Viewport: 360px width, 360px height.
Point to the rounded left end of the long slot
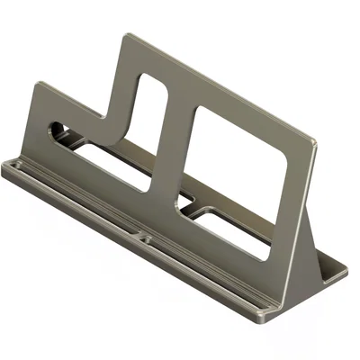pos(56,130)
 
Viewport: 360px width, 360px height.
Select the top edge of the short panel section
pos(72,100)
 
